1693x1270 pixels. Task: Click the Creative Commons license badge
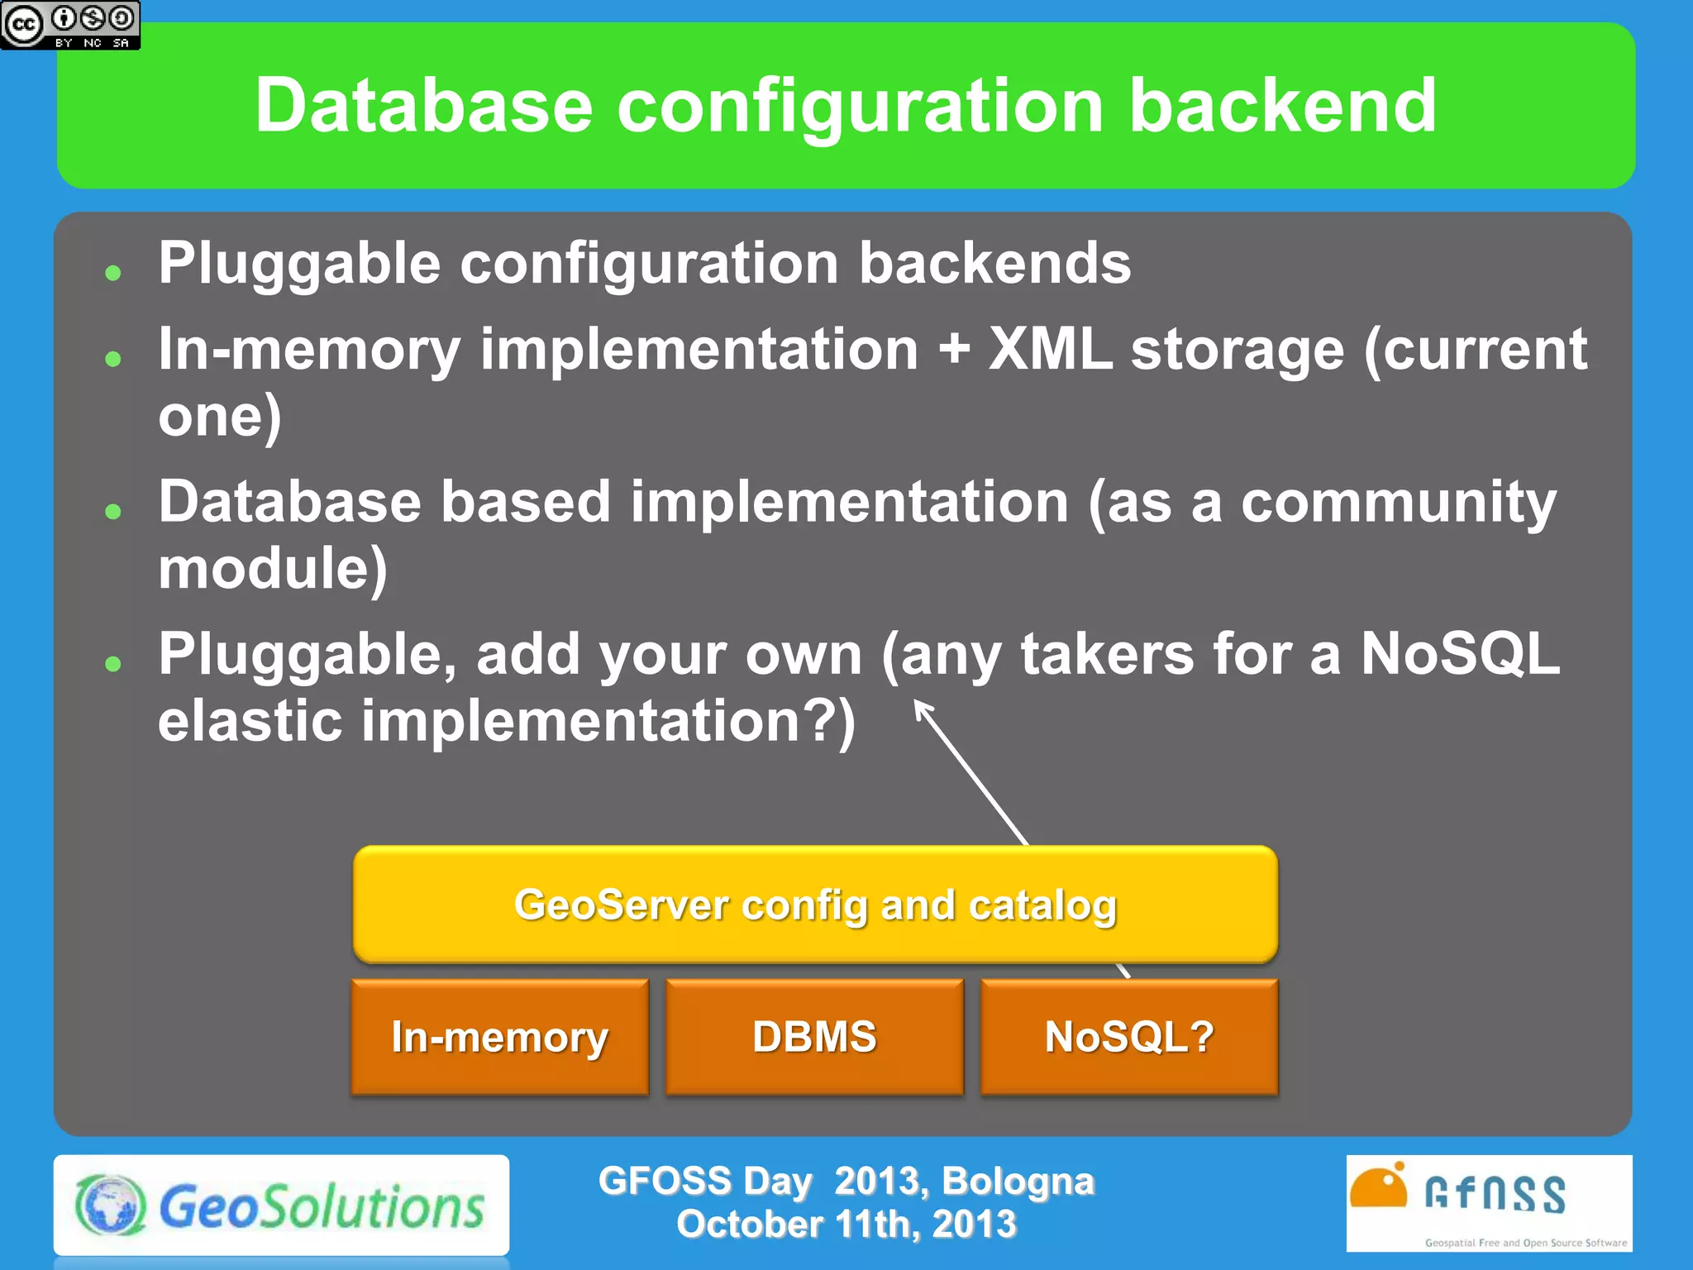[70, 25]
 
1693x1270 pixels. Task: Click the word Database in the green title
[423, 106]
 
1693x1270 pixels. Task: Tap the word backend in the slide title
[1282, 106]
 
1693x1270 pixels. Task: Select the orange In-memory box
[500, 1037]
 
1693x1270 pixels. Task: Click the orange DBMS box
[814, 1037]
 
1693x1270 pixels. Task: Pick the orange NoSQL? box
[1129, 1037]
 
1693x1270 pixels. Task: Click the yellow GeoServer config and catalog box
[815, 905]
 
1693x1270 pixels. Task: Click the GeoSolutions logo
[281, 1206]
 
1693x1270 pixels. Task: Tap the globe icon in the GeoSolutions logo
[111, 1205]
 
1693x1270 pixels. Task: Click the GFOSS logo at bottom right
[1489, 1203]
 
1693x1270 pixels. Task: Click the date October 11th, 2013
[846, 1225]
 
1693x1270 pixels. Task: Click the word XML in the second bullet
[1050, 349]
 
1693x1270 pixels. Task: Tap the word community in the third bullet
[1399, 502]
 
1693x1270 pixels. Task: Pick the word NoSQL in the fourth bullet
[1460, 654]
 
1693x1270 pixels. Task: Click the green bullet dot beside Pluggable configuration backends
[113, 273]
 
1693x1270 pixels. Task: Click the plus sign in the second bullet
[954, 351]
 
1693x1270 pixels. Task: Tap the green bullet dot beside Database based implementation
[113, 511]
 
